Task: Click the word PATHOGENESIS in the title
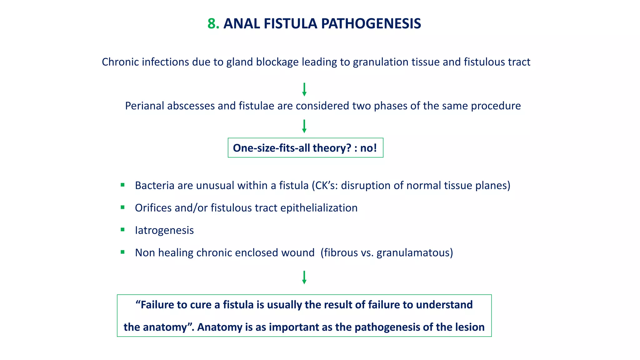click(371, 24)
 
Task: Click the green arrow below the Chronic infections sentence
click(304, 90)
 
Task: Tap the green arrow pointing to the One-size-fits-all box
click(304, 126)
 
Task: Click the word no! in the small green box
click(368, 148)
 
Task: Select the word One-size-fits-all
click(271, 148)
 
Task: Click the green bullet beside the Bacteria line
click(122, 185)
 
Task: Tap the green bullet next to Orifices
click(122, 207)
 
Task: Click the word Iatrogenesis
click(164, 230)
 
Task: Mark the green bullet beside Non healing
click(122, 252)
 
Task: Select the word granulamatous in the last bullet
click(413, 253)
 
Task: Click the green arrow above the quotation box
click(304, 277)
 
